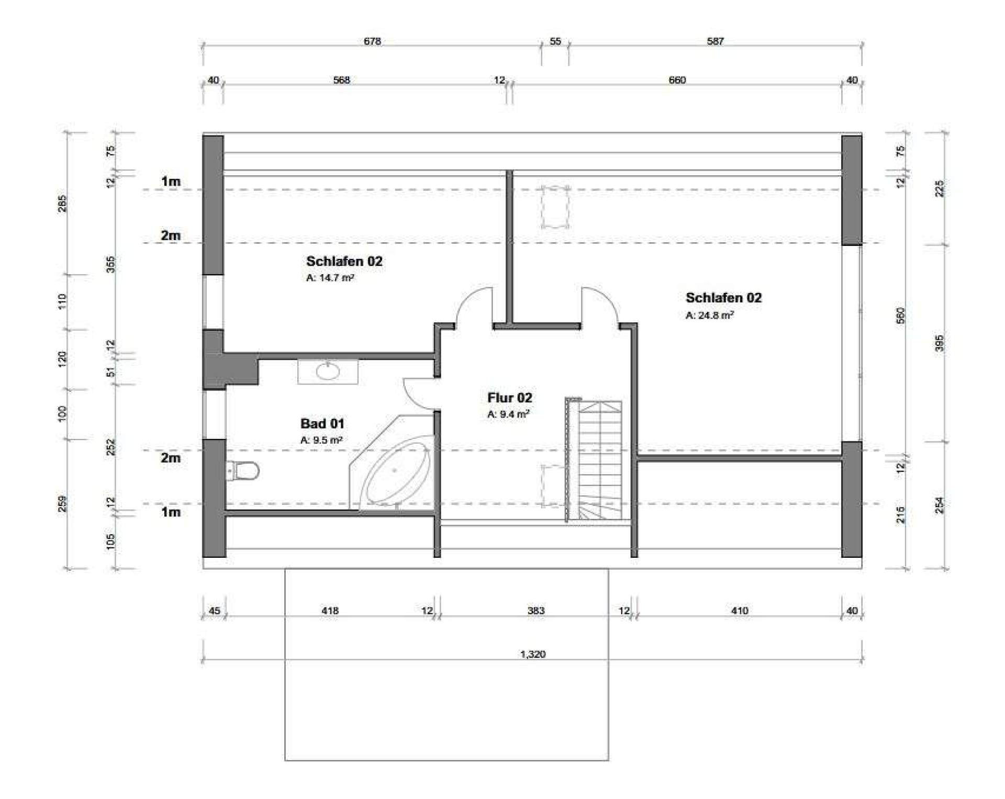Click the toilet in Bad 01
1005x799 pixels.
point(243,471)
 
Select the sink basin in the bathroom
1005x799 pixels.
point(328,372)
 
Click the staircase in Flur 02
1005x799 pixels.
point(594,459)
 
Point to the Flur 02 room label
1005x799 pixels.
point(509,398)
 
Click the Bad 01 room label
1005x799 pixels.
point(322,423)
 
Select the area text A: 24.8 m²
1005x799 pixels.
point(709,316)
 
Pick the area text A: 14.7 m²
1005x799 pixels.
point(330,278)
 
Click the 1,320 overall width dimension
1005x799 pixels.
point(533,654)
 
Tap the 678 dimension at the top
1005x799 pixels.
point(372,41)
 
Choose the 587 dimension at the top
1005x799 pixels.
point(715,41)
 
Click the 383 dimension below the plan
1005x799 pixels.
point(536,611)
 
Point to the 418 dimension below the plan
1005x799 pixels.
point(330,611)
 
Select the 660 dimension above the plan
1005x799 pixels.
point(677,80)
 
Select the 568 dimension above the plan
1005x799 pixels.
point(341,80)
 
